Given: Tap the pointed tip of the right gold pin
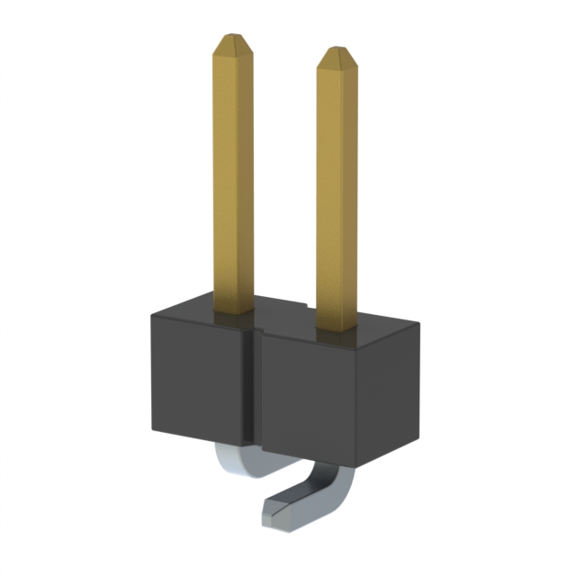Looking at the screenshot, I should [337, 50].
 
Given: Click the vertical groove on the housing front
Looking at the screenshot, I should [255, 387].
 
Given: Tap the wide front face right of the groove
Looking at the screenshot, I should [315, 396].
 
